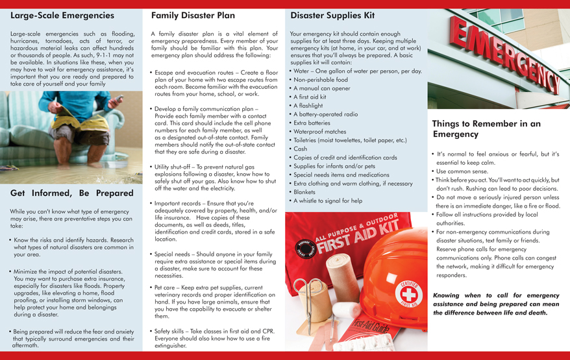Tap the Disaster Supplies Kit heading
(332, 14)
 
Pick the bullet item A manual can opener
(321, 88)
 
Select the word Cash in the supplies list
(301, 149)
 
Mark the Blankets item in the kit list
(304, 192)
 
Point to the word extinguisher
(170, 346)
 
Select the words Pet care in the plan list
(166, 287)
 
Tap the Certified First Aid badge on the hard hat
(409, 294)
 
